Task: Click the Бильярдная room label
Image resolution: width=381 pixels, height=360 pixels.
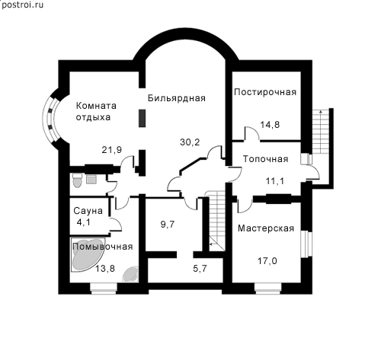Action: pyautogui.click(x=177, y=98)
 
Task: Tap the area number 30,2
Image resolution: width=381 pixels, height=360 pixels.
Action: pyautogui.click(x=190, y=142)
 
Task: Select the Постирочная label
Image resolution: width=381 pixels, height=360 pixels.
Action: pyautogui.click(x=265, y=92)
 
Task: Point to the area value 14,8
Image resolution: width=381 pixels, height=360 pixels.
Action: pyautogui.click(x=270, y=125)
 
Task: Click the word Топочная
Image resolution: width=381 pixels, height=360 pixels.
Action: pyautogui.click(x=266, y=159)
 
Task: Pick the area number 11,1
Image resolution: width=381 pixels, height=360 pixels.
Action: pyautogui.click(x=275, y=181)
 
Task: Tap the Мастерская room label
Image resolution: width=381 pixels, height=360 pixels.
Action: pyautogui.click(x=266, y=228)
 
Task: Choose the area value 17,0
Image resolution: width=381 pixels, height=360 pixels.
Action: pyautogui.click(x=267, y=261)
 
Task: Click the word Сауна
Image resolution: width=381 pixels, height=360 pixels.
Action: pyautogui.click(x=88, y=211)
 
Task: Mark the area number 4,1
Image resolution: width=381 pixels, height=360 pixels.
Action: pyautogui.click(x=84, y=222)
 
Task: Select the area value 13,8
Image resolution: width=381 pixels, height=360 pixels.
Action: pyautogui.click(x=105, y=268)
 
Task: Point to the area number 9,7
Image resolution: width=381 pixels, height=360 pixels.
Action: pyautogui.click(x=168, y=225)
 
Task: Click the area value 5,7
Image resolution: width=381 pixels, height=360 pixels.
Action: pyautogui.click(x=200, y=268)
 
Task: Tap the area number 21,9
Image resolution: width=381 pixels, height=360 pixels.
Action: pyautogui.click(x=112, y=150)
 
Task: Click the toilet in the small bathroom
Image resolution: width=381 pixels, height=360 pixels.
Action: pyautogui.click(x=77, y=180)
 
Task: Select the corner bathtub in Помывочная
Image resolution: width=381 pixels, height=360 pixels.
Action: pyautogui.click(x=87, y=254)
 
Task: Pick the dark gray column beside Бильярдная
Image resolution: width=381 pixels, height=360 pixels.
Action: pyautogui.click(x=142, y=118)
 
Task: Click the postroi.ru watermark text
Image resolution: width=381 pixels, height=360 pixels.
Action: pyautogui.click(x=22, y=5)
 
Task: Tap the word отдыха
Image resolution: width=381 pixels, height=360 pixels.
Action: pyautogui.click(x=93, y=117)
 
